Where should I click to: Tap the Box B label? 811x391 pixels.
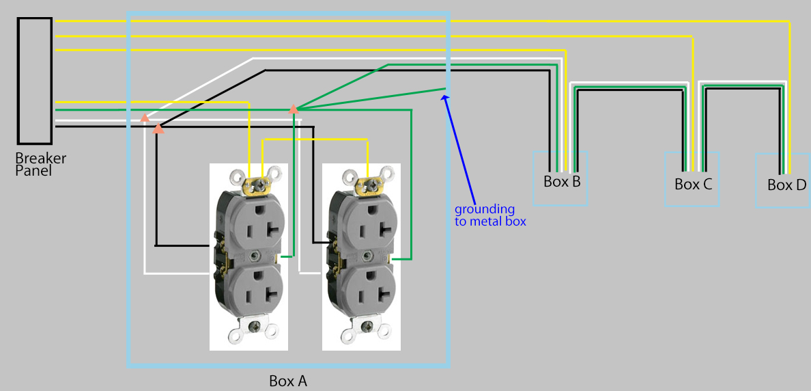point(562,182)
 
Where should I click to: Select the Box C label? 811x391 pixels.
point(693,185)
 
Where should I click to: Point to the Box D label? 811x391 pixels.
point(786,185)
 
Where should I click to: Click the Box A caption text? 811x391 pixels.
point(288,381)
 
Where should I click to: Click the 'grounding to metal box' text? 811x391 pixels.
point(490,215)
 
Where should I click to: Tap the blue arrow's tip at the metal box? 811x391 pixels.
point(445,96)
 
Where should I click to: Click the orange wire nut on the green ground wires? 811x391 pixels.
point(294,108)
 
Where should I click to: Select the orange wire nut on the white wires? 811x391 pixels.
point(145,118)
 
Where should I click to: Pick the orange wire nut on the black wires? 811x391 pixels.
point(158,127)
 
